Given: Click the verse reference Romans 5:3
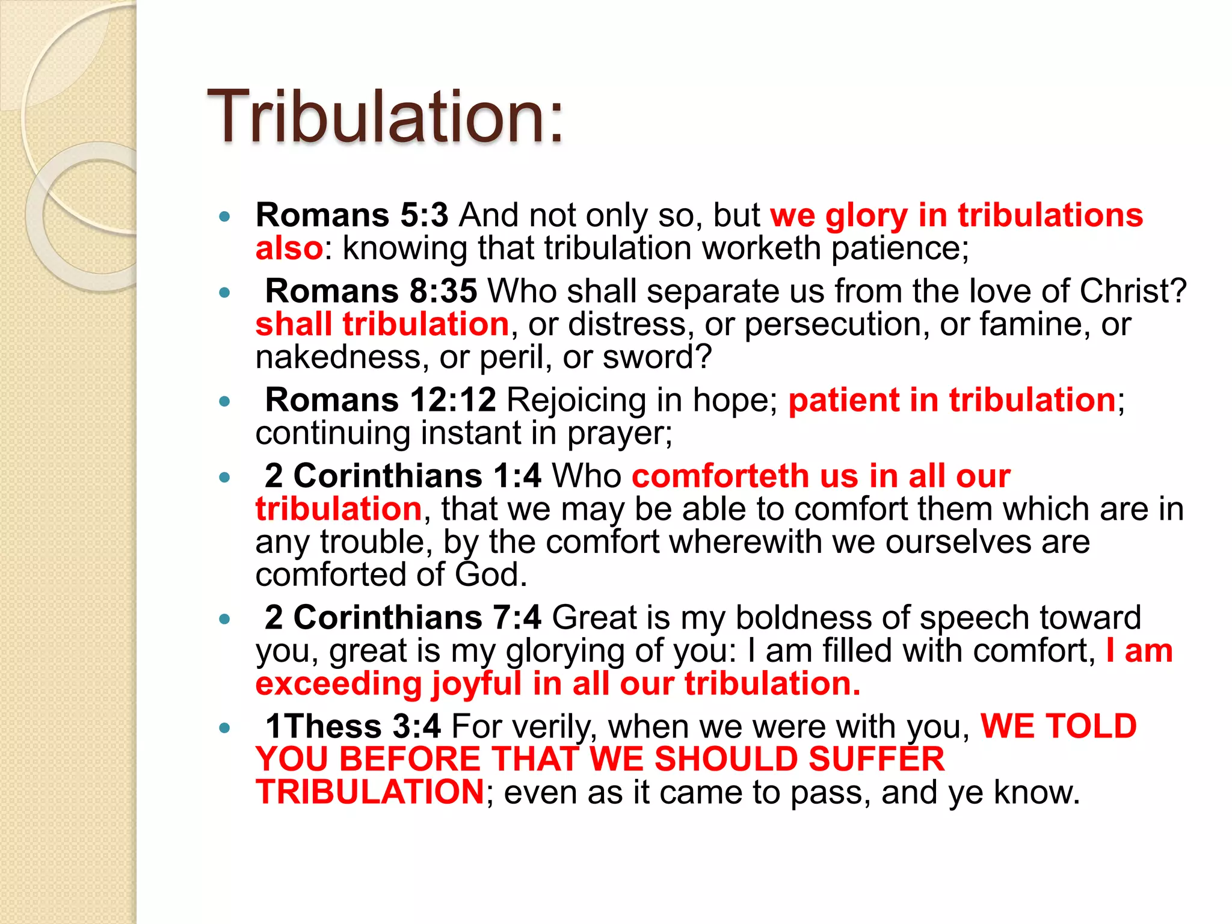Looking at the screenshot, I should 352,215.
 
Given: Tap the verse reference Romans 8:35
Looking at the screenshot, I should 371,291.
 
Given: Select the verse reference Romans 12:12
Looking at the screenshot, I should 380,400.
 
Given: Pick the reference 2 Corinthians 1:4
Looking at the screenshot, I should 403,476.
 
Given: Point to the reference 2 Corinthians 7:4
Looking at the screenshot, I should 403,618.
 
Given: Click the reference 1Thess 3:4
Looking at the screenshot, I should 353,727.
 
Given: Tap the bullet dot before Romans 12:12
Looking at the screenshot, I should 225,401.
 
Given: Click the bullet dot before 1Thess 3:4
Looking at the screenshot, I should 225,728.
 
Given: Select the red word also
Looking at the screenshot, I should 289,248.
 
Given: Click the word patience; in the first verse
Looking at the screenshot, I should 900,248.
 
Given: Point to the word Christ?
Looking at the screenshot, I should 1133,291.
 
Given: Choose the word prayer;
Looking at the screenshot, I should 620,434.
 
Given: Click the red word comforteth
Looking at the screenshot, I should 720,476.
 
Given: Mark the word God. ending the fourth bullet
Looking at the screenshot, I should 491,574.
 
